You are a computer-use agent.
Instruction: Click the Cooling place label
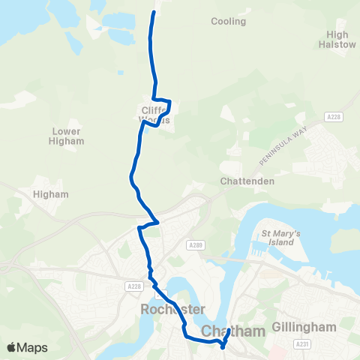click(228, 22)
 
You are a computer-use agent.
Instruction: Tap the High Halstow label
click(342, 39)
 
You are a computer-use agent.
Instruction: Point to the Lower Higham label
click(66, 136)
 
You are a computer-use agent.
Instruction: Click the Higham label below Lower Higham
click(51, 194)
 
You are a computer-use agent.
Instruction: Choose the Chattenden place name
click(247, 181)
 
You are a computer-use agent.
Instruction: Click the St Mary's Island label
click(280, 238)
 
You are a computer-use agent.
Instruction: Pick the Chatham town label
click(233, 331)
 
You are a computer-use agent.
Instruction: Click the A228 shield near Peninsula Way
click(334, 117)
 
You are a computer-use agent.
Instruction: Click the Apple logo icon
click(11, 347)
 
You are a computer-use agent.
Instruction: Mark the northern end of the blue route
click(154, 13)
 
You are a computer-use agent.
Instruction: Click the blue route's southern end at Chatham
click(223, 346)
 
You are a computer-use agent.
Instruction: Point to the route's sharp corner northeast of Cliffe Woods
click(170, 101)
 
